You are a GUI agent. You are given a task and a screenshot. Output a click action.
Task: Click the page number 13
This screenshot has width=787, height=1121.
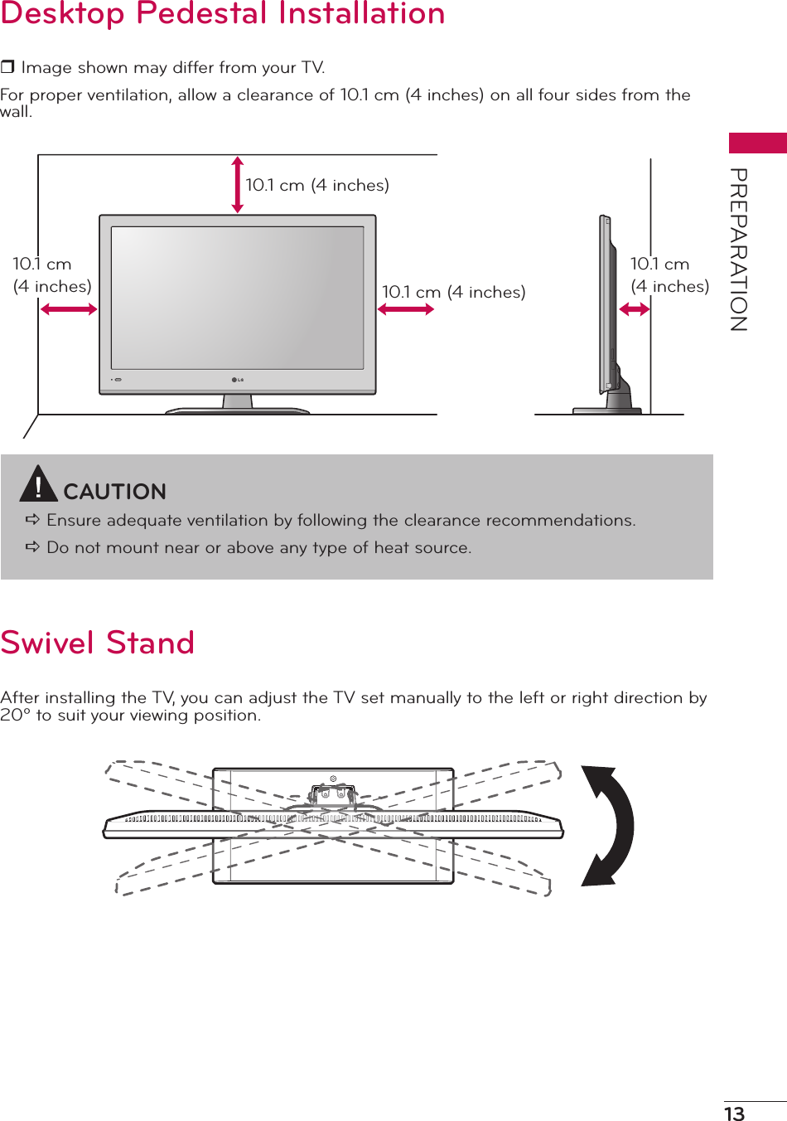(735, 1114)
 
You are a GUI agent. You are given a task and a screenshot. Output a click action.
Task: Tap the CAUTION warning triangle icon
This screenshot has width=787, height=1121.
(37, 485)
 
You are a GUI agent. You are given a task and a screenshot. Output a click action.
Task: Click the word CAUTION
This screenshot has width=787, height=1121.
(115, 492)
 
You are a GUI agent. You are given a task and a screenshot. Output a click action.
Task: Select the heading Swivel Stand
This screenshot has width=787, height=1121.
(98, 643)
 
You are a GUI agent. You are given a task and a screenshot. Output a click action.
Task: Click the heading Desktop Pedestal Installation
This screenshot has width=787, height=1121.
(223, 14)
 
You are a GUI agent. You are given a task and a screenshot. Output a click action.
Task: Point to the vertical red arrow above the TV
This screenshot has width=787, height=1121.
(238, 185)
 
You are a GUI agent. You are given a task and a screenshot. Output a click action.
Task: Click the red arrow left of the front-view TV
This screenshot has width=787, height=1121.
(69, 309)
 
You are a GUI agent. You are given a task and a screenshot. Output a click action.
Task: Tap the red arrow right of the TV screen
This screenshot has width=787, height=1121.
(406, 309)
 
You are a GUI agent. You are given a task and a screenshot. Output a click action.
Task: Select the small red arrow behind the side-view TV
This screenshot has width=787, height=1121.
(635, 309)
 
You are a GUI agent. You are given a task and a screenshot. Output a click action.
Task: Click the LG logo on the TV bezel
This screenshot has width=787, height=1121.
(238, 381)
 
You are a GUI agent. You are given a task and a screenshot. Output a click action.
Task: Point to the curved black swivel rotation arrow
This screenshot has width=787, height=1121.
(610, 826)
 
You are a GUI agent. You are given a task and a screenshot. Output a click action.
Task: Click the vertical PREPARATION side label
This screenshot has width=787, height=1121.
(739, 250)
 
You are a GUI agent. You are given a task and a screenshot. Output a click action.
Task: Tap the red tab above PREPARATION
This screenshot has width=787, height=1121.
(757, 143)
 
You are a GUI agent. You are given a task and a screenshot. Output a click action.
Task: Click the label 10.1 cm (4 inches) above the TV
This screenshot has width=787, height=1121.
(317, 185)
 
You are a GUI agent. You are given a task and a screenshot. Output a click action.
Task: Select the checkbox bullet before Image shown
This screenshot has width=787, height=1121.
(7, 67)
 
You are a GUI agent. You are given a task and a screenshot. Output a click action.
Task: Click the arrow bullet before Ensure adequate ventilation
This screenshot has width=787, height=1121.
(33, 520)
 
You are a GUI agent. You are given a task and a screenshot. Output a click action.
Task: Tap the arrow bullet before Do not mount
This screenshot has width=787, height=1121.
(33, 547)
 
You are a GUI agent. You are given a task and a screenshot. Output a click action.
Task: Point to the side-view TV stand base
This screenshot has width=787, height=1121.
(607, 410)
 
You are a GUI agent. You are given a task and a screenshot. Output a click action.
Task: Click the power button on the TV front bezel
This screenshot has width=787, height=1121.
(118, 381)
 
